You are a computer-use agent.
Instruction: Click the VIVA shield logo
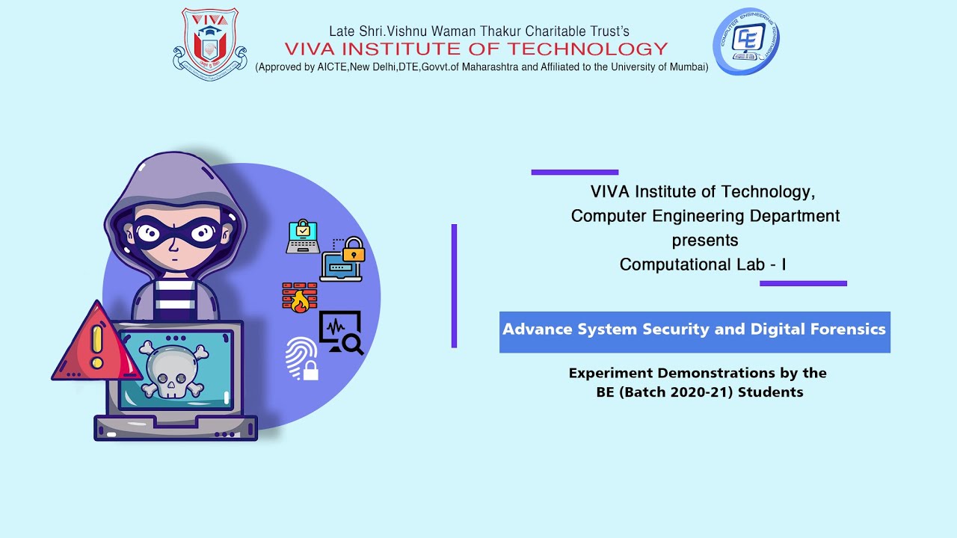[210, 44]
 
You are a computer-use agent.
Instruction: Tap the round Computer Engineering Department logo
[746, 41]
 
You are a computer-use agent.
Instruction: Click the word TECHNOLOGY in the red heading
[588, 49]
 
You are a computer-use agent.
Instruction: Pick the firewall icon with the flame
[300, 297]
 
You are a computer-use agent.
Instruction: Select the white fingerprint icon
[301, 359]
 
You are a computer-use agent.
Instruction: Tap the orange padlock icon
[354, 250]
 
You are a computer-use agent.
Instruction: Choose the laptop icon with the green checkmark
[303, 237]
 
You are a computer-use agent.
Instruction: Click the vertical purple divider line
[454, 285]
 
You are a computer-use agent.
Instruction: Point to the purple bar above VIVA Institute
[575, 172]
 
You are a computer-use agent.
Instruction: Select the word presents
[705, 241]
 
